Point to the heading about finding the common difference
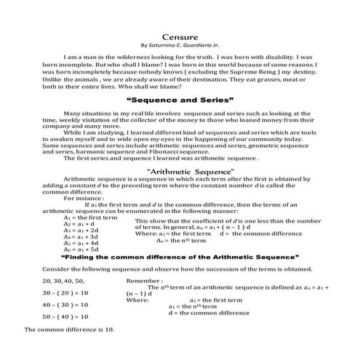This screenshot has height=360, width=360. (180, 257)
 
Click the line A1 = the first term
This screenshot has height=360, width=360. (91, 217)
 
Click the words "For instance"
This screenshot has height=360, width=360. (84, 198)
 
